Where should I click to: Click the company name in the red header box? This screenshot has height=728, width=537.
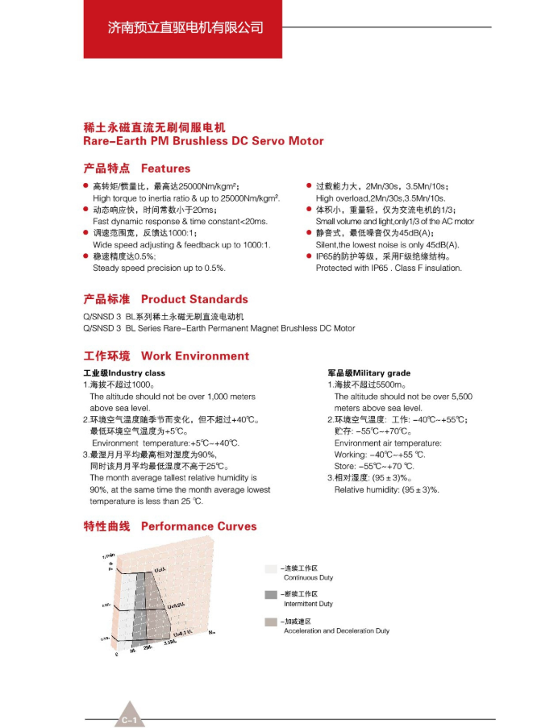pos(185,27)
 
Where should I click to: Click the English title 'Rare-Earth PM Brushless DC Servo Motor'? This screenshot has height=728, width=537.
pos(203,141)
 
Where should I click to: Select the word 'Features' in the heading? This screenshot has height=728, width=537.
pos(165,168)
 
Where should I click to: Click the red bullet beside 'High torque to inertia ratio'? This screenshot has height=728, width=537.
pos(87,186)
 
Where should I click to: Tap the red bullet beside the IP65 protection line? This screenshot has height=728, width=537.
pos(309,256)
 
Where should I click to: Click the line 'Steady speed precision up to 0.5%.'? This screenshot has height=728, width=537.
pos(159,268)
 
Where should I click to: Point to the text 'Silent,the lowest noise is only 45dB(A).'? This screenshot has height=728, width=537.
pos(387,244)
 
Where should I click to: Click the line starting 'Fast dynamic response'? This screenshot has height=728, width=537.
pos(180,221)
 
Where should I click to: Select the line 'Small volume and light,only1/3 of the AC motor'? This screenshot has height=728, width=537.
pos(394,221)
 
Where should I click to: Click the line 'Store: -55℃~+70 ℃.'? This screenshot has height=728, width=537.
pos(374,466)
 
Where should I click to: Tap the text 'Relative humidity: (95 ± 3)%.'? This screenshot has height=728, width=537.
pos(386,489)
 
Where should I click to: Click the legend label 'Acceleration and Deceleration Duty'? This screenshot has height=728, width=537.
pos(336,630)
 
